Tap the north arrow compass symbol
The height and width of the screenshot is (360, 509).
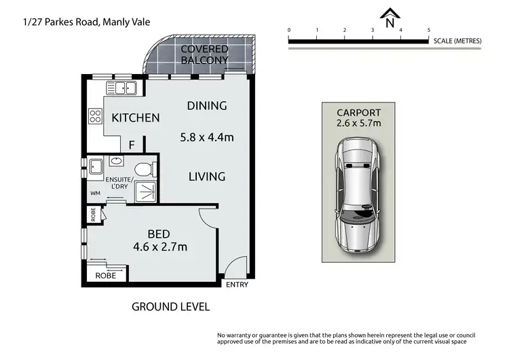click(390, 18)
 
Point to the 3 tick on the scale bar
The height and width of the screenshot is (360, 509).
click(373, 31)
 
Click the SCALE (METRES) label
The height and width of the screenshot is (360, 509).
click(457, 41)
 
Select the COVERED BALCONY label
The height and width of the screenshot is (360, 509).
click(204, 54)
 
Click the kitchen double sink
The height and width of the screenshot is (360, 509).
click(122, 88)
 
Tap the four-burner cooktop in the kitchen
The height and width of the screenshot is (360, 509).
click(94, 116)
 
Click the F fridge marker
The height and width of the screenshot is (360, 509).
click(132, 145)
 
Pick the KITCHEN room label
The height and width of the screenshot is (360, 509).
click(136, 118)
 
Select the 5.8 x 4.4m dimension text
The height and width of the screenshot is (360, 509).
click(207, 137)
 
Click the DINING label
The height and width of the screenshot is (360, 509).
click(207, 105)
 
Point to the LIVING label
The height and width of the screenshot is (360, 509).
click(207, 177)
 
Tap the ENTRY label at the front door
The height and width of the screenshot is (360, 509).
click(237, 285)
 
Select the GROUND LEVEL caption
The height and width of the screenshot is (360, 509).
click(170, 306)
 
